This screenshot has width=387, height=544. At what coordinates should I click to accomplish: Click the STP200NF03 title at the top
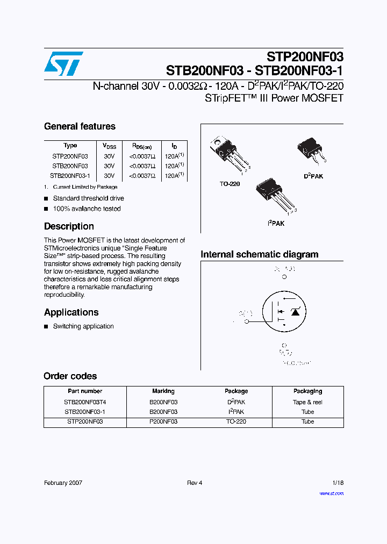tap(305, 57)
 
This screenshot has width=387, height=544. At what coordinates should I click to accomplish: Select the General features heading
tap(80, 127)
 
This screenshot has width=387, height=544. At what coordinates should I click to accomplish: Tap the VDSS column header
tap(109, 146)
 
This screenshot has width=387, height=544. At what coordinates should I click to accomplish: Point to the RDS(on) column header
tap(141, 146)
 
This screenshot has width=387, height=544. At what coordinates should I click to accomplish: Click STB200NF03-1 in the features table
tap(70, 176)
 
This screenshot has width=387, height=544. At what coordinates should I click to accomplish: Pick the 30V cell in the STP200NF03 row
tap(109, 156)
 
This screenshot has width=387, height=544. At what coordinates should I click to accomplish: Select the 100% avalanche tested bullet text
tap(87, 209)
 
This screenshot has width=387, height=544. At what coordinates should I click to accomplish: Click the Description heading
tap(69, 226)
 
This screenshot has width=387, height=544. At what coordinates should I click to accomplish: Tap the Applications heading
tap(71, 312)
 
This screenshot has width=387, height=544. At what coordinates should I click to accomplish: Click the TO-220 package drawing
tap(228, 153)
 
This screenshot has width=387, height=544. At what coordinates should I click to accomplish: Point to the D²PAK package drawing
tap(312, 151)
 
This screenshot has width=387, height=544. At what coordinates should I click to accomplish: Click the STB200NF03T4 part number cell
tap(85, 402)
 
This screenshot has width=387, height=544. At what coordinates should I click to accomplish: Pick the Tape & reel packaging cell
tap(307, 402)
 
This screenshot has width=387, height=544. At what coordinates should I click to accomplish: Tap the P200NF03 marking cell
tap(163, 422)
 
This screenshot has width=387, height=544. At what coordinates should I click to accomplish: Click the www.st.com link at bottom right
tap(331, 493)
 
